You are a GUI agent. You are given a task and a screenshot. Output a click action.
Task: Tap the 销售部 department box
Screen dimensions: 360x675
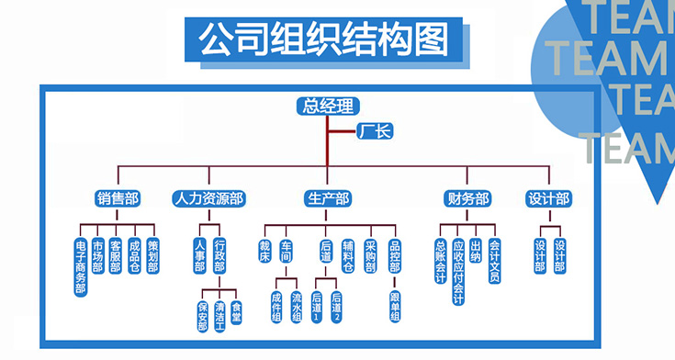(118, 198)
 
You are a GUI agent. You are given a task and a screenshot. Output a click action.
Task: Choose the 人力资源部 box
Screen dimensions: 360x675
(209, 198)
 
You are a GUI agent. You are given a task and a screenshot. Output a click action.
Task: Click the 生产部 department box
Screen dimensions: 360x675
(328, 198)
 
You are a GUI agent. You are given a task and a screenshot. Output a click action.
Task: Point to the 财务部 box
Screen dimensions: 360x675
(467, 198)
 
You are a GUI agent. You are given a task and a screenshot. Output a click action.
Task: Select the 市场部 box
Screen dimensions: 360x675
(97, 256)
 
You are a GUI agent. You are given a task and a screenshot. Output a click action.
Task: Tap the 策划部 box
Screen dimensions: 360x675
(152, 256)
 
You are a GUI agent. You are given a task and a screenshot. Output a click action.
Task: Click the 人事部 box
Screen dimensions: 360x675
(200, 256)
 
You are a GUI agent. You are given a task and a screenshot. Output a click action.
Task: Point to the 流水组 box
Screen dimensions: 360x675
(296, 308)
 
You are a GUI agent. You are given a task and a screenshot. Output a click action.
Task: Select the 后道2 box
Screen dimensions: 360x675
(336, 307)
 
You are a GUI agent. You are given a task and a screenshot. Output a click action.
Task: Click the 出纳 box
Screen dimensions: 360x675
(476, 251)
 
